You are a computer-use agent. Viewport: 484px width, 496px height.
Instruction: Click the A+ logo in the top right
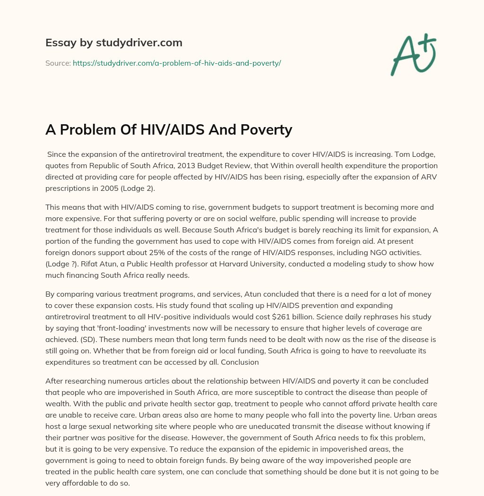(413, 54)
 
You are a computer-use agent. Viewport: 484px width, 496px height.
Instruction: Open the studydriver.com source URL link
(177, 63)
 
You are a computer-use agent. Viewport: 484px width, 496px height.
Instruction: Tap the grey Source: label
(58, 63)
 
